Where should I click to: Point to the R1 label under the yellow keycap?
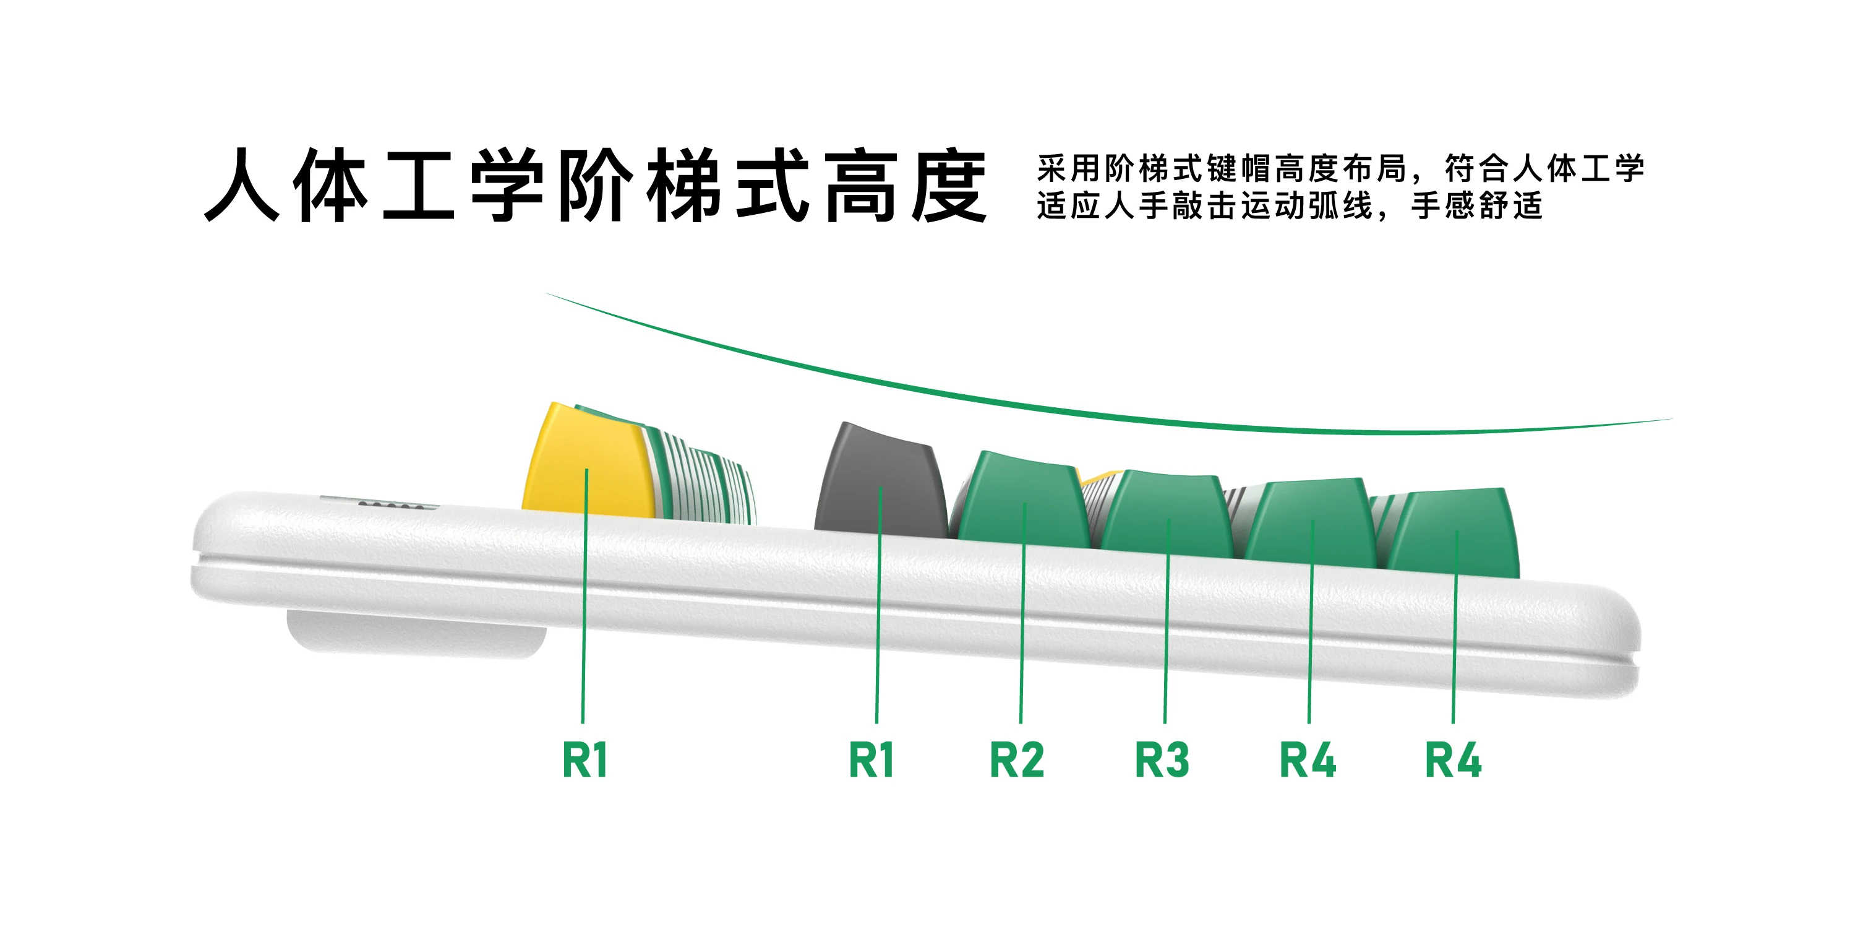585,760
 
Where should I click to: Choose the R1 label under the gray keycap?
871,760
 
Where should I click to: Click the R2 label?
1016,760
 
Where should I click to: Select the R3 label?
1162,760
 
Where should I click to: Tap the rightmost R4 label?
1453,760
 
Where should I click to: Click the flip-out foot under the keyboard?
416,636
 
